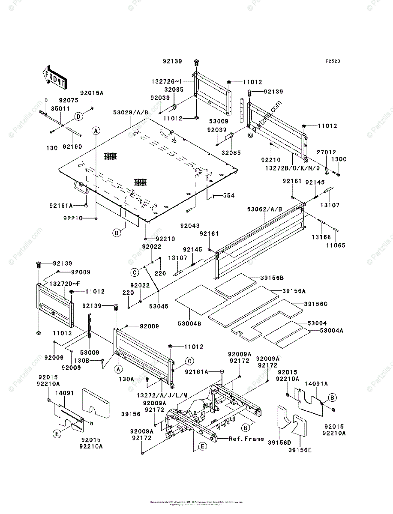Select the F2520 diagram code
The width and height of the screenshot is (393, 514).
[x=332, y=61]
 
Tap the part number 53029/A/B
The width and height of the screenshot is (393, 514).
[x=131, y=113]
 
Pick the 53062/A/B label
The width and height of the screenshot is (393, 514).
[x=265, y=209]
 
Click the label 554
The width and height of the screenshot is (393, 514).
[x=228, y=196]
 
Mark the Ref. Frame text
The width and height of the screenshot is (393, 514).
[x=246, y=439]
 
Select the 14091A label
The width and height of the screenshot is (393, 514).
[x=316, y=384]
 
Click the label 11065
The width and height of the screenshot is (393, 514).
[x=336, y=245]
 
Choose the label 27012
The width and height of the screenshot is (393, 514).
[x=326, y=152]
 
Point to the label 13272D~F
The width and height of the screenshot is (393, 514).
[x=63, y=284]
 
